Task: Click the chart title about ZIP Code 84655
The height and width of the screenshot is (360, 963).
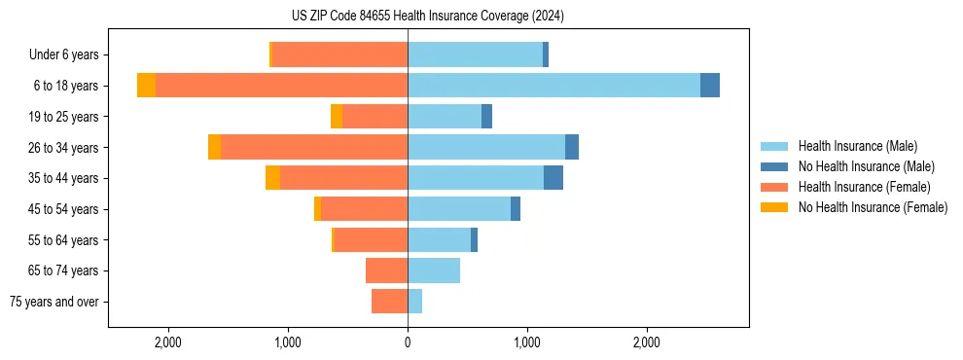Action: point(427,16)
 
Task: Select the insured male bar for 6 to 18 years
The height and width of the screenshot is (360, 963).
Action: point(553,86)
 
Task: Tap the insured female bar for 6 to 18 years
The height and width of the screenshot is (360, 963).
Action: point(281,86)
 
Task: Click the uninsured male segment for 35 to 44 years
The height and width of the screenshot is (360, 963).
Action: point(553,178)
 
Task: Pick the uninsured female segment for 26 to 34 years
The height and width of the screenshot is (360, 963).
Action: point(214,147)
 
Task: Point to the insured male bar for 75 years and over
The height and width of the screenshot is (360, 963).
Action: point(414,302)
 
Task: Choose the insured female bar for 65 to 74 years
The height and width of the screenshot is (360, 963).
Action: point(386,270)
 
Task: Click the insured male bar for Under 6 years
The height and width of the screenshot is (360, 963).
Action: point(475,54)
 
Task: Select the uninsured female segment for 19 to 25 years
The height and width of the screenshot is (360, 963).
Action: point(337,117)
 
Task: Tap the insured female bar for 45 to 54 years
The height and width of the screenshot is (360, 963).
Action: point(364,209)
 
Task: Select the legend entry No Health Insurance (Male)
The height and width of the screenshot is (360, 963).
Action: point(866,166)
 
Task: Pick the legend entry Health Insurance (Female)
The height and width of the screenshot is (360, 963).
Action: point(864,187)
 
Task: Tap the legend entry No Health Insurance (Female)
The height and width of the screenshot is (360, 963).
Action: point(873,207)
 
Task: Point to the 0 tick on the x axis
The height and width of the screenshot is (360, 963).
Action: point(408,342)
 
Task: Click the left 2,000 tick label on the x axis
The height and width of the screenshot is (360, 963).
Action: point(168,342)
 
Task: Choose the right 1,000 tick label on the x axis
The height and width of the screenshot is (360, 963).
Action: point(527,342)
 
